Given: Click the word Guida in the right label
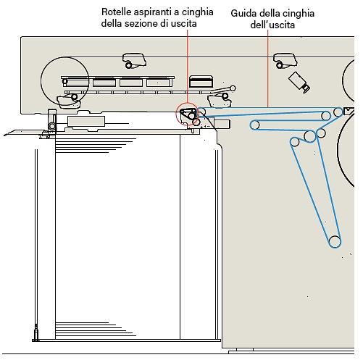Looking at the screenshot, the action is click(243, 13).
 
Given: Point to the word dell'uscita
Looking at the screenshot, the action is click(272, 25).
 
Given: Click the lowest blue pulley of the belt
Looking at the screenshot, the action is click(335, 241).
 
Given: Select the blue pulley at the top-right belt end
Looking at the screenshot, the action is click(338, 112).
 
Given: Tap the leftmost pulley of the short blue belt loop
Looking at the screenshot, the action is click(254, 125).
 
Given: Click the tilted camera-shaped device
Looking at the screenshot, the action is click(299, 82).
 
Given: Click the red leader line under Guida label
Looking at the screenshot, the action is click(267, 68).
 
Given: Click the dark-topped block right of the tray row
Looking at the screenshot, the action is click(201, 81).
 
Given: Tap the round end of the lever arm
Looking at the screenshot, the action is click(233, 88).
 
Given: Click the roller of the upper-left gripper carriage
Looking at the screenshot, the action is click(128, 65).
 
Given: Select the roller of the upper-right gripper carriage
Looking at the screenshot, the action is click(279, 65).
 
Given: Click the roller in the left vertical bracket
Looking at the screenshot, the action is click(52, 126).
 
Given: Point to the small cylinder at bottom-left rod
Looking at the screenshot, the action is click(36, 331).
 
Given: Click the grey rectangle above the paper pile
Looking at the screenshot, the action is click(86, 121).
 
